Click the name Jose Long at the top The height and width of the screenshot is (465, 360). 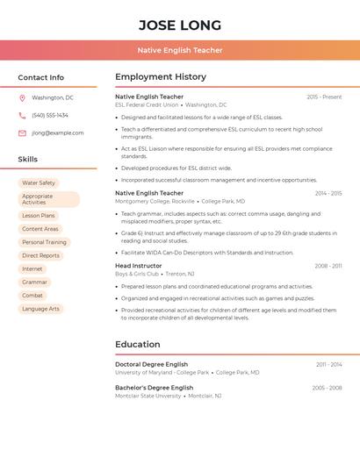pyautogui.click(x=180, y=25)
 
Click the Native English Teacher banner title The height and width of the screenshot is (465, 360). pyautogui.click(x=180, y=51)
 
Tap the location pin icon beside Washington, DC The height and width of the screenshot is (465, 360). pyautogui.click(x=22, y=97)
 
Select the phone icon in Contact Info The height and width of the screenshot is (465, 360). pyautogui.click(x=22, y=115)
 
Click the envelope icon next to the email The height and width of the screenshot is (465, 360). pyautogui.click(x=22, y=133)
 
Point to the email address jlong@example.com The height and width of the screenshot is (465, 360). pyautogui.click(x=58, y=133)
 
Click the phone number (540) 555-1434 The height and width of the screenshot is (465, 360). pyautogui.click(x=50, y=115)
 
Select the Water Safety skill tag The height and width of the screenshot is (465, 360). pyautogui.click(x=39, y=183)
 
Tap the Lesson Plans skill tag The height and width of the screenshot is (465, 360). pyautogui.click(x=39, y=215)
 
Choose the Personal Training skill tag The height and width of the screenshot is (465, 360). pyautogui.click(x=44, y=242)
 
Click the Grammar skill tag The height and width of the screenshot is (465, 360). pyautogui.click(x=35, y=282)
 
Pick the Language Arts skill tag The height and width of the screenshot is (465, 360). pyautogui.click(x=41, y=309)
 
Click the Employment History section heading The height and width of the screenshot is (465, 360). pyautogui.click(x=161, y=77)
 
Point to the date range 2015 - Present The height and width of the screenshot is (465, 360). pyautogui.click(x=324, y=97)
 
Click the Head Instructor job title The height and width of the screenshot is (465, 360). pyautogui.click(x=139, y=265)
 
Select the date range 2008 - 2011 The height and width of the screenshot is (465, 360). pyautogui.click(x=328, y=266)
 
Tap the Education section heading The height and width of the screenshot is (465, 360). pyautogui.click(x=138, y=344)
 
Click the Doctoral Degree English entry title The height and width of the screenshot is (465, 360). pyautogui.click(x=152, y=364)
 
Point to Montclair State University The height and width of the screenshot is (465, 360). pyautogui.click(x=147, y=396)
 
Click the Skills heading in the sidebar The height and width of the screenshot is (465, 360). pyautogui.click(x=28, y=160)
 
